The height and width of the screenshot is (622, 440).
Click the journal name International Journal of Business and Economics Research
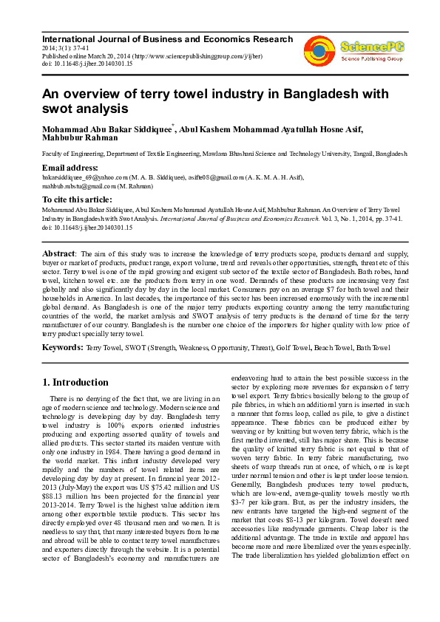[x=167, y=38]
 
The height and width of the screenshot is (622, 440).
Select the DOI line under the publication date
[x=87, y=64]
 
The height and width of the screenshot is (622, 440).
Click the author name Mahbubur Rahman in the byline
[x=80, y=137]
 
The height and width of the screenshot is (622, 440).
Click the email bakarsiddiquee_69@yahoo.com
[x=85, y=177]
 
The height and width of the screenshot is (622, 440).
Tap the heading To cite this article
[x=77, y=200]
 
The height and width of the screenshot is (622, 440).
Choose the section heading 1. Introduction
[x=75, y=383]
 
